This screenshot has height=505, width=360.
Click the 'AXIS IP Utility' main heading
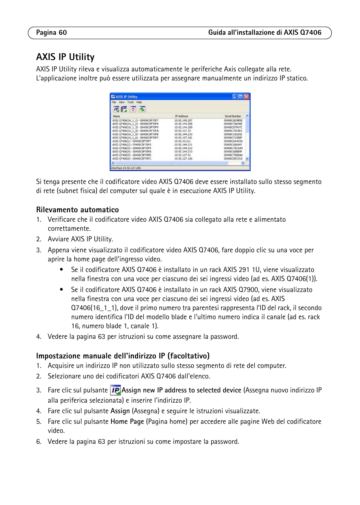click(65, 57)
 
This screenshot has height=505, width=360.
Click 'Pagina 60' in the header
click(51, 32)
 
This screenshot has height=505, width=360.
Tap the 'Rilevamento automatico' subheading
click(77, 210)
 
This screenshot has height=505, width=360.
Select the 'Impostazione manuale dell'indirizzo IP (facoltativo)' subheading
click(123, 356)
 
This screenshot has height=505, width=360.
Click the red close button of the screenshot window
click(246, 97)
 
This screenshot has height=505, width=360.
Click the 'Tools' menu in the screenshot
click(130, 102)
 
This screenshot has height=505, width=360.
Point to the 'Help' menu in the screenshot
click(139, 102)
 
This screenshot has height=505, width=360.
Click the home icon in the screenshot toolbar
click(133, 109)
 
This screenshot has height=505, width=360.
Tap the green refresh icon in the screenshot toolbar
click(142, 109)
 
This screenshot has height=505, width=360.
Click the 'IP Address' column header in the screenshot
click(182, 116)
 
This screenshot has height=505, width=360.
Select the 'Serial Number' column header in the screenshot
click(232, 116)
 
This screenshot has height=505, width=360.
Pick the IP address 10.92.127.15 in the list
click(183, 131)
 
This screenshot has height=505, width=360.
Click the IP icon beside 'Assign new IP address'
click(115, 390)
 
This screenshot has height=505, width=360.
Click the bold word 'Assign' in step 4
click(120, 411)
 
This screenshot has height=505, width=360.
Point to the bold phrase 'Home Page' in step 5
click(127, 422)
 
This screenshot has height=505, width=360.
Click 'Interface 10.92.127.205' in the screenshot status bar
click(126, 168)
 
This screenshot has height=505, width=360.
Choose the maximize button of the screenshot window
click(240, 97)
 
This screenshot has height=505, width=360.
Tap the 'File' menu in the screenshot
click(114, 102)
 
